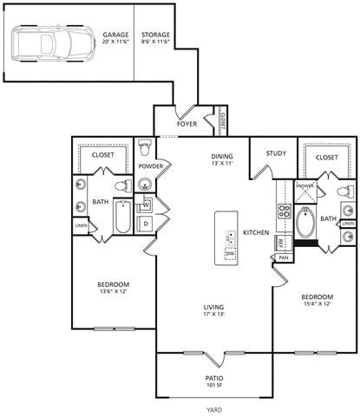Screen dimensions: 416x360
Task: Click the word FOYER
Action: click(x=187, y=124)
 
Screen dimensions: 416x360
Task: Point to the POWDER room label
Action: click(x=151, y=166)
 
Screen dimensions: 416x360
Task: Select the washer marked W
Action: click(x=146, y=205)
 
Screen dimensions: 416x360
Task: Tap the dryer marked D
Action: click(x=146, y=224)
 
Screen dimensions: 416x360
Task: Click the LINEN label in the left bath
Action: click(x=81, y=225)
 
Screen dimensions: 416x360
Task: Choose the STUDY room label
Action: click(x=276, y=153)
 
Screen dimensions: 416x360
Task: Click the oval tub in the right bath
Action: click(x=306, y=223)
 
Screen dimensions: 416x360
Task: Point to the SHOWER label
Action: click(x=304, y=185)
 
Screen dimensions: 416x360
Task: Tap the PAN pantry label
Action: click(x=284, y=257)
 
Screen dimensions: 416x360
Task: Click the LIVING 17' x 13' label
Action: click(x=215, y=309)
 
